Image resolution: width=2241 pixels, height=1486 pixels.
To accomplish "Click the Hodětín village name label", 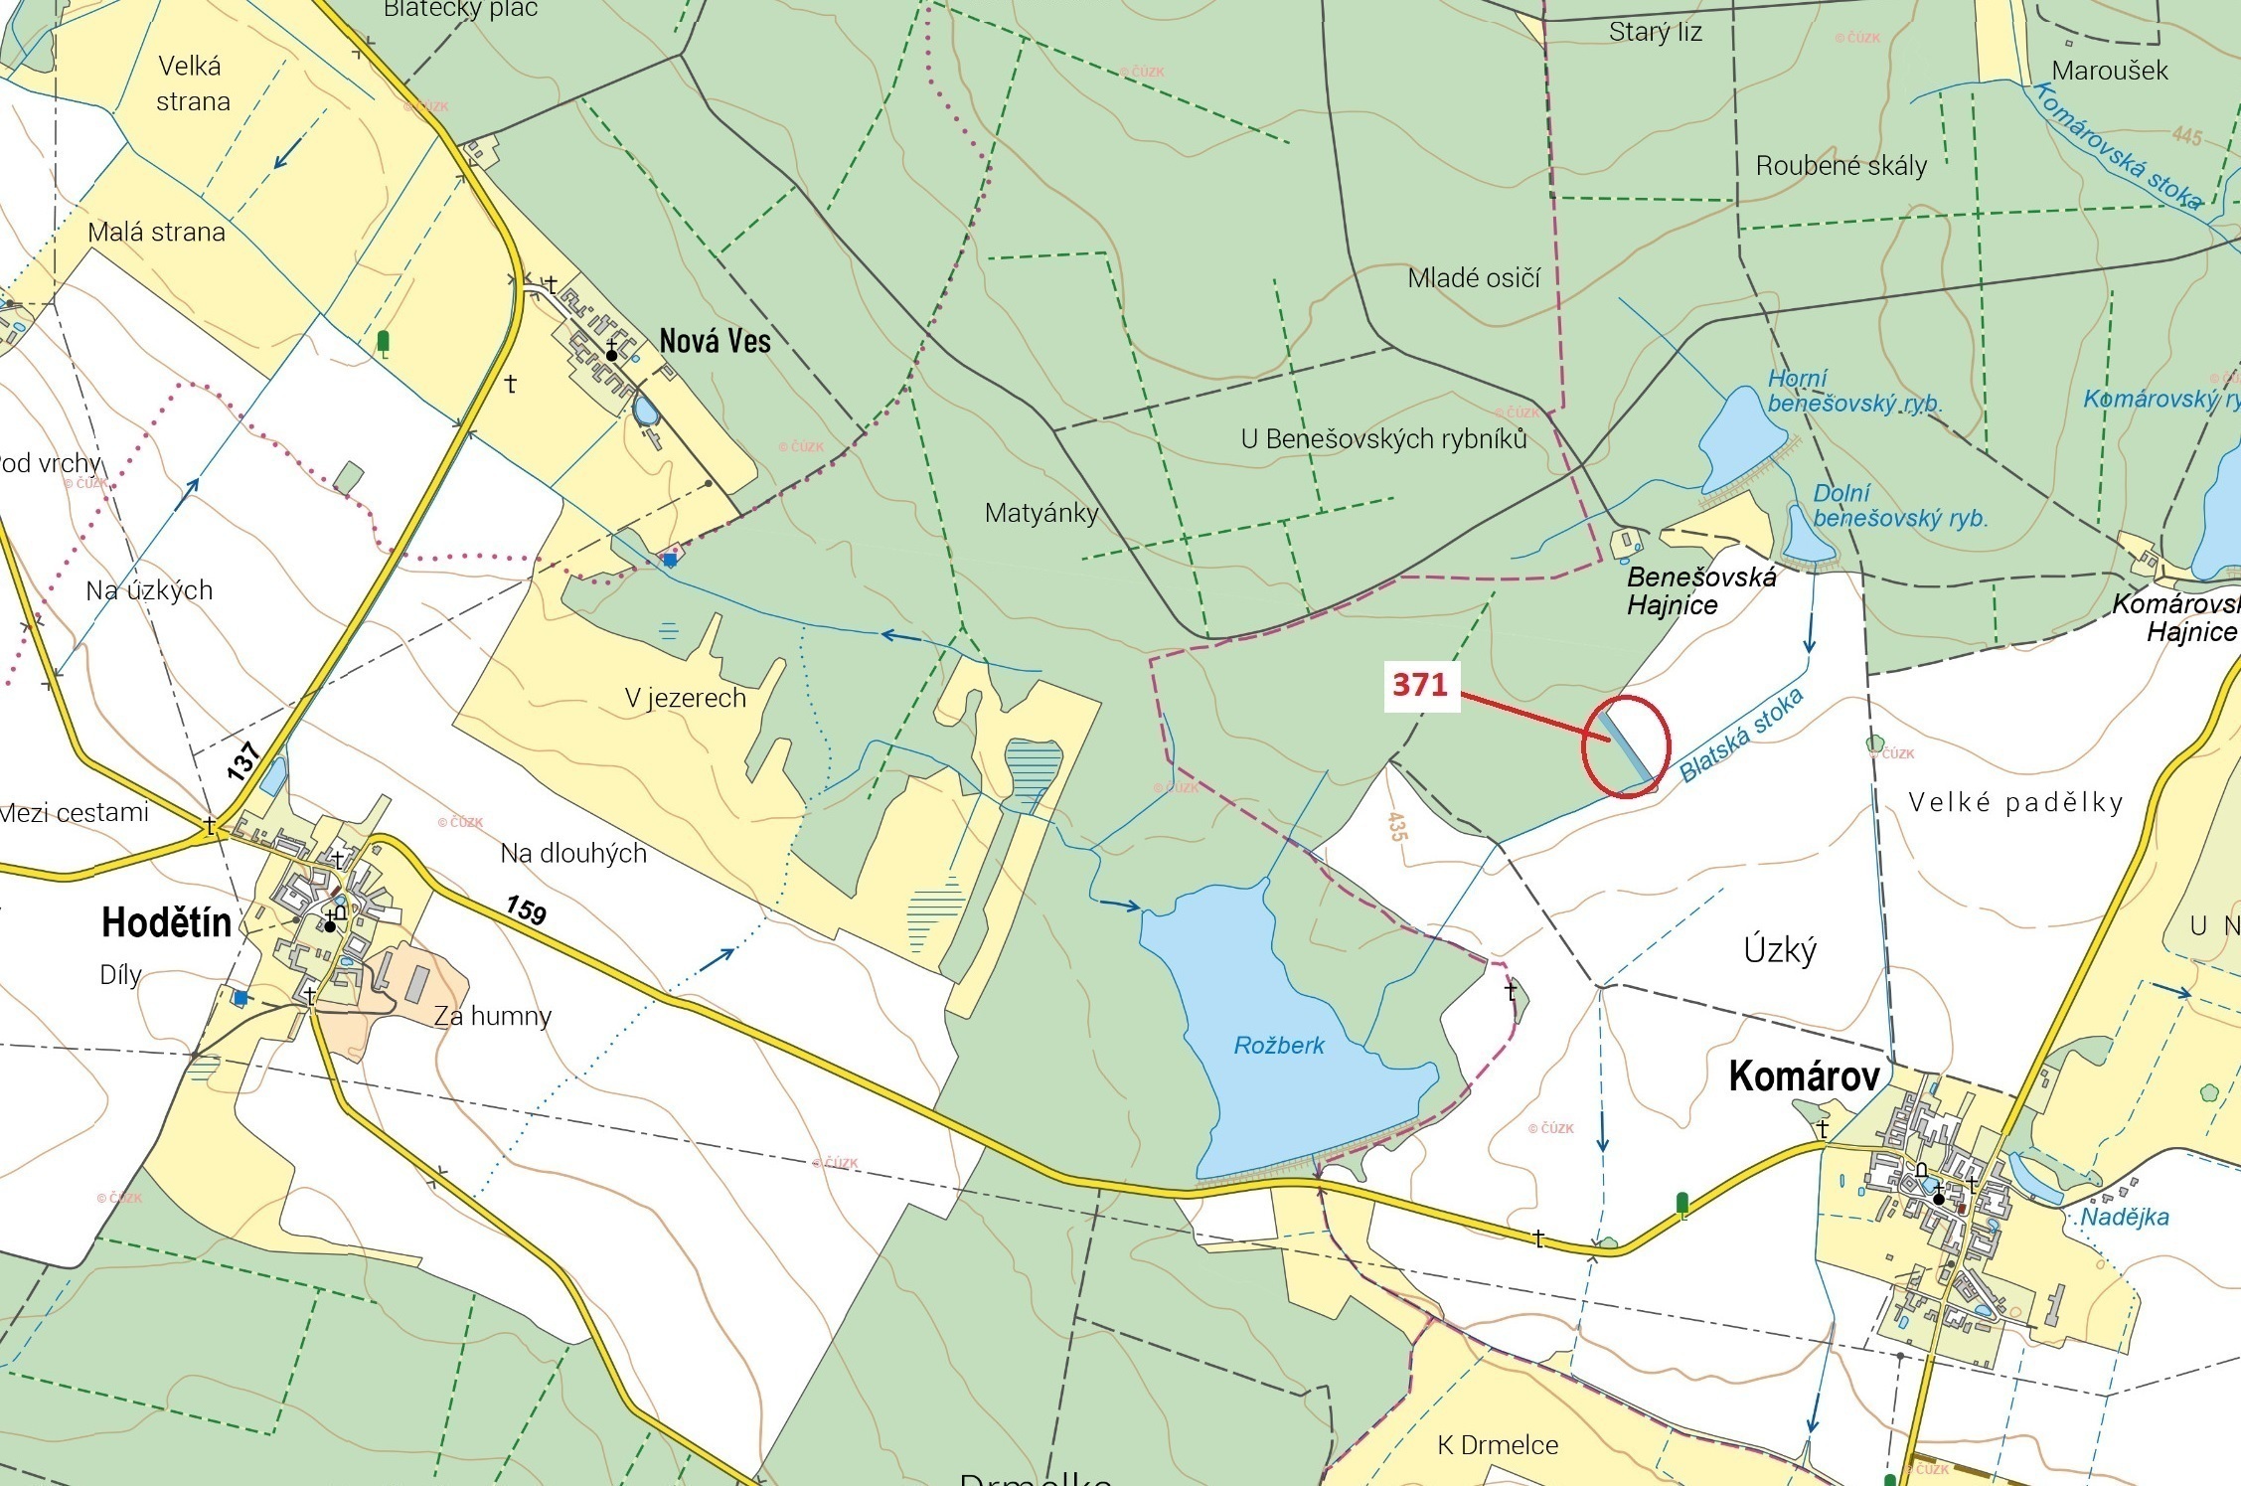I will (x=166, y=923).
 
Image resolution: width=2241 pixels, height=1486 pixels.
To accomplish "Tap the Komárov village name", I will (x=1804, y=1076).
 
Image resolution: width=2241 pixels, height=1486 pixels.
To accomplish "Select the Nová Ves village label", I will (x=715, y=342).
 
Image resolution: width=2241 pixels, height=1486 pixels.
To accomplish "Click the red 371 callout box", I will (x=1421, y=685).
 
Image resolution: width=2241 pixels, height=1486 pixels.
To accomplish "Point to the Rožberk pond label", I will (x=1279, y=1046).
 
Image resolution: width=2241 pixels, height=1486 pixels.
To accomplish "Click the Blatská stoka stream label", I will (x=1741, y=735).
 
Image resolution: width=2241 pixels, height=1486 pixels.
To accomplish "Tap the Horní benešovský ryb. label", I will (x=1854, y=392).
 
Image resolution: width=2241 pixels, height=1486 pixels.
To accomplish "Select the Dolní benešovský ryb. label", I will (x=1899, y=506).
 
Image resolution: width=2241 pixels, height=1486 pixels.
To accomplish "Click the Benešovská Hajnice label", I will (x=1700, y=590).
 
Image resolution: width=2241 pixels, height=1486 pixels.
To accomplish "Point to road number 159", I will (x=526, y=908).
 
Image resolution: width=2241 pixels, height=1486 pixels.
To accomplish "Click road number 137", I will (x=242, y=760).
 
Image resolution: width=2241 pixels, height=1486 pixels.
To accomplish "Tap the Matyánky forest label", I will (x=1041, y=514).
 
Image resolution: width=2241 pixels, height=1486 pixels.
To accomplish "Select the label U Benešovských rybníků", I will (x=1383, y=438).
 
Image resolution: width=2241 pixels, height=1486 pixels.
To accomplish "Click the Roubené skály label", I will (x=1841, y=166).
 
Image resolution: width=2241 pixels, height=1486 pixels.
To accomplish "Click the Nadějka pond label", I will (x=2125, y=1218).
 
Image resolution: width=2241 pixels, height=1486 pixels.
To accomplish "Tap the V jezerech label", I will (x=686, y=699).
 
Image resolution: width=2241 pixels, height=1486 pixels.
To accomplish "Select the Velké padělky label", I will (x=2015, y=803).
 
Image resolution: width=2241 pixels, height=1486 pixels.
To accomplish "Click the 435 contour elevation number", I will (x=1397, y=826).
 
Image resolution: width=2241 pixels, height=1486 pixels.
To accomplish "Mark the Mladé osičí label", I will (x=1474, y=278).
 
